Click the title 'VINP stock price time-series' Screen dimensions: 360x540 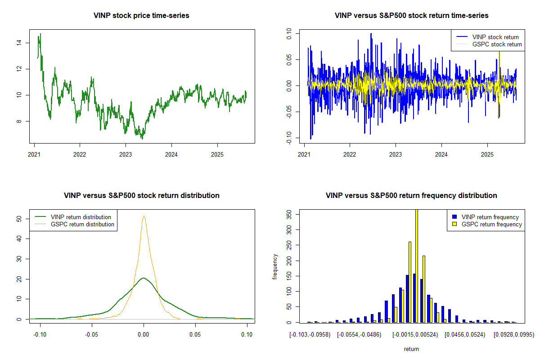tap(141, 15)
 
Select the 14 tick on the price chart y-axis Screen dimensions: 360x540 tap(18, 43)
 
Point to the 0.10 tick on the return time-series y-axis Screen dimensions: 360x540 tap(288, 33)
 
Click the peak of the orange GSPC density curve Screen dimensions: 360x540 tap(144, 216)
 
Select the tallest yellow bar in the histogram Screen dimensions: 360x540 tap(417, 265)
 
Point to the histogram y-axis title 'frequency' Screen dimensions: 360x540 tap(275, 266)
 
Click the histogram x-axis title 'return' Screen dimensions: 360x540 tap(411, 349)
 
